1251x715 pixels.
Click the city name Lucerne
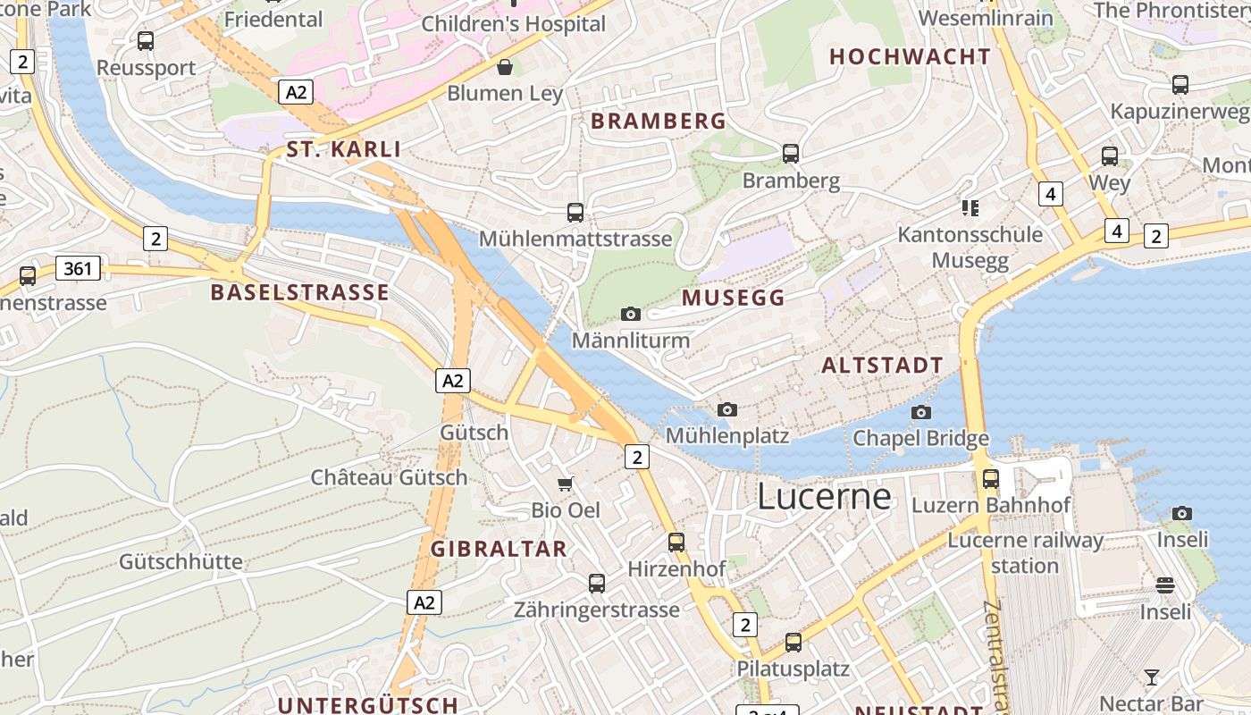coord(824,497)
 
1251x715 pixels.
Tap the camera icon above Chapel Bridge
coord(920,412)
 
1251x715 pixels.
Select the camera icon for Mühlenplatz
coord(727,409)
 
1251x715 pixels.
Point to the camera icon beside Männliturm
coord(631,314)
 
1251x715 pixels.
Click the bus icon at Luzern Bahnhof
coord(990,478)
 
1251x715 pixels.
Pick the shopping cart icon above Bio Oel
coord(565,484)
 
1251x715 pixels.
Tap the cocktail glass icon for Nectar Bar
coord(1152,677)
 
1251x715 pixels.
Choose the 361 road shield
coord(78,268)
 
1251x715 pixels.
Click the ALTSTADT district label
coord(882,365)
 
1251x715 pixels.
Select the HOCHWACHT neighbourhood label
coord(910,56)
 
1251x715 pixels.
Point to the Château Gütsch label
coord(389,477)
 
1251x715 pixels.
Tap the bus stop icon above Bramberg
coord(790,153)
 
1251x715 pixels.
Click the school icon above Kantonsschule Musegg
coord(970,208)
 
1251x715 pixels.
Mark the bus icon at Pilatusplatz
coord(793,642)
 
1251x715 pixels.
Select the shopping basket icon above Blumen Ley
coord(505,66)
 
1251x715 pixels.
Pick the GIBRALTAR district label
coord(499,549)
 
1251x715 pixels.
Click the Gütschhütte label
coord(181,561)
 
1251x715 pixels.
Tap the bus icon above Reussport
coord(145,40)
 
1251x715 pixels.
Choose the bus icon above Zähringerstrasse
coord(596,583)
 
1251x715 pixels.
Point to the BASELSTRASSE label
coord(299,292)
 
